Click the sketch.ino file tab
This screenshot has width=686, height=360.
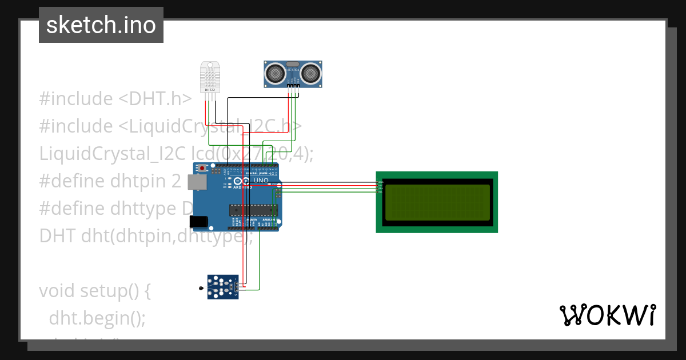[x=101, y=25]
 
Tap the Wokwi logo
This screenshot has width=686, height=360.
[x=607, y=315]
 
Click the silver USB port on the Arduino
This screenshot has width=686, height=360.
[x=197, y=182]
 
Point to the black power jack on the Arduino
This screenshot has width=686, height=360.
[x=198, y=221]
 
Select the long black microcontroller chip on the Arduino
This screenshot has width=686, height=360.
[x=252, y=210]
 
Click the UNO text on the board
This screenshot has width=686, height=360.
[x=261, y=180]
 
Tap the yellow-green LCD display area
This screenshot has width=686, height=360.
[x=437, y=202]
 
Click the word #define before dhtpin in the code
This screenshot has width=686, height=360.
[x=71, y=181]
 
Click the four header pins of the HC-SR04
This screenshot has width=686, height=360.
[x=293, y=86]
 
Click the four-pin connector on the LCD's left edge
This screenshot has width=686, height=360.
[x=379, y=187]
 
